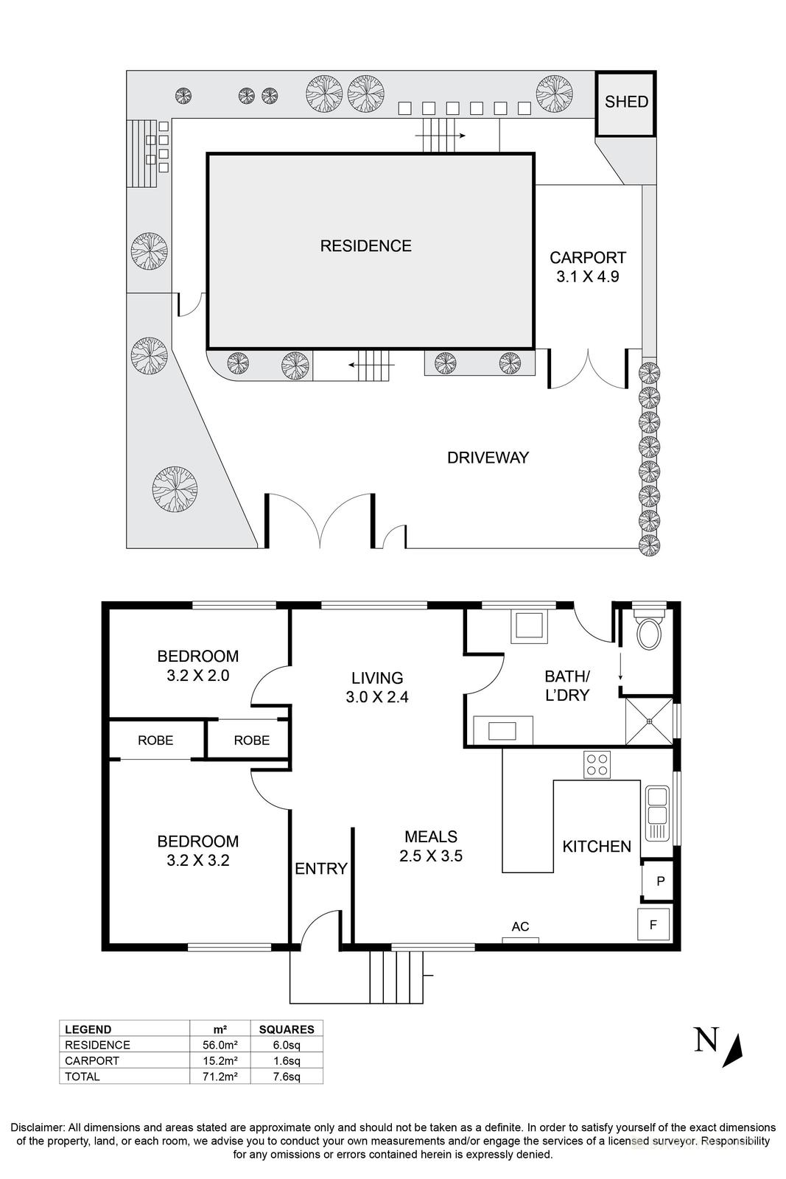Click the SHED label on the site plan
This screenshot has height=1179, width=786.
point(625,102)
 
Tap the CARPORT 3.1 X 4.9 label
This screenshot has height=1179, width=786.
point(588,267)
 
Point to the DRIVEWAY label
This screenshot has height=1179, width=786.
point(488,458)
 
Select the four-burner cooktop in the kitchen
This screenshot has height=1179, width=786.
point(597,765)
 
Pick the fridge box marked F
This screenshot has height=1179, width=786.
point(653,925)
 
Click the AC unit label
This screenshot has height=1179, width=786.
point(520,926)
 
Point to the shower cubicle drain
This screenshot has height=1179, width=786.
point(649,721)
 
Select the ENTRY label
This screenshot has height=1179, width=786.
point(321,869)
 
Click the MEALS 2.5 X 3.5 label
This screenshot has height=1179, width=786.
point(430,846)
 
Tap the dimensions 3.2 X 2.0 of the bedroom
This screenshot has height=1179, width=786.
point(198,675)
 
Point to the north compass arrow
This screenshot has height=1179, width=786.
point(734,1051)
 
